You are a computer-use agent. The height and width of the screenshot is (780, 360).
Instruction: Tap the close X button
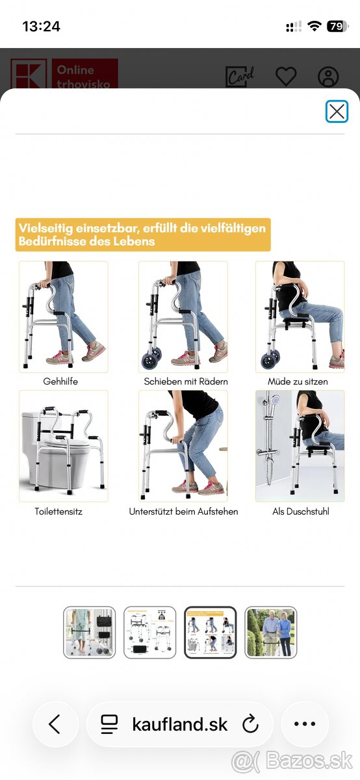tap(337, 111)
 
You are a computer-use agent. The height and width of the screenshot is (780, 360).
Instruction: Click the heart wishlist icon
tap(286, 76)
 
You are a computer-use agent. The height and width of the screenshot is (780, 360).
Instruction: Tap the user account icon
tap(328, 76)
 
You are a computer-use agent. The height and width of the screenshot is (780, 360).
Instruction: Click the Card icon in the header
tap(240, 76)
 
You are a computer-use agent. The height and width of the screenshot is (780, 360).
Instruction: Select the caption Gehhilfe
tap(60, 382)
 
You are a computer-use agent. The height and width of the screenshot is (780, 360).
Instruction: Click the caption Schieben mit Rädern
tap(186, 382)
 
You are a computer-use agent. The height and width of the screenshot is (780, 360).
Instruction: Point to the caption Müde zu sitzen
tap(298, 382)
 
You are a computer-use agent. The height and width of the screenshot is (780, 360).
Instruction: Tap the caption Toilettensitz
tap(58, 512)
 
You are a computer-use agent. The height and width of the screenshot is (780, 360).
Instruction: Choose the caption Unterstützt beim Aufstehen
tap(183, 512)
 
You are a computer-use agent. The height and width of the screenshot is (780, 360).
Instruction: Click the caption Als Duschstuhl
tap(301, 512)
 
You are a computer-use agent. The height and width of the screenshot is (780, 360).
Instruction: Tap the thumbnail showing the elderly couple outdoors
tap(270, 632)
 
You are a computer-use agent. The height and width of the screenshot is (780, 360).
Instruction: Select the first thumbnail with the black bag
tap(89, 632)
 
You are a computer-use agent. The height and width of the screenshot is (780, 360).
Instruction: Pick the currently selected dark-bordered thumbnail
tap(210, 632)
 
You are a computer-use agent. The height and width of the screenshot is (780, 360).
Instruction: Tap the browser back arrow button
tap(55, 724)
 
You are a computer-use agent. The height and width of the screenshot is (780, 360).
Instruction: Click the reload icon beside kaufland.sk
tap(250, 724)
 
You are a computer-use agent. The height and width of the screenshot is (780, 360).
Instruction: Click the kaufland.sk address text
tap(179, 724)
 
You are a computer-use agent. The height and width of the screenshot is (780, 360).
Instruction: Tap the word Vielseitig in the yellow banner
tap(45, 228)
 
